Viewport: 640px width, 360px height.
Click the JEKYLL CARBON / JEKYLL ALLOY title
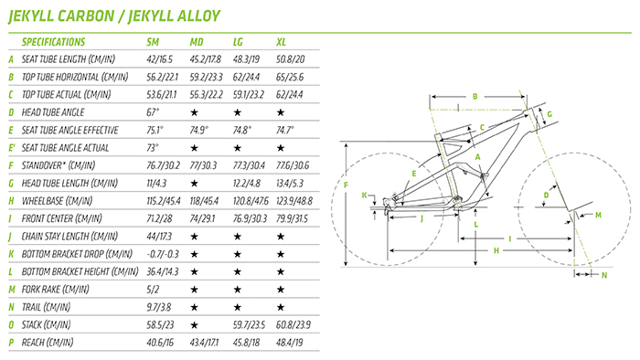114,16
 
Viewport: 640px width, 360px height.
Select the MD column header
197,42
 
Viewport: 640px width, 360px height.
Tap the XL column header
281,42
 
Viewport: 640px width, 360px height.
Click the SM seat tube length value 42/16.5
160,59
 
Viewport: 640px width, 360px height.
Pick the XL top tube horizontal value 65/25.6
290,77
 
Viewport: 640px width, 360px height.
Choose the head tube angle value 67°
153,112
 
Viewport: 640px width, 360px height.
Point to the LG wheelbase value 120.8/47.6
251,201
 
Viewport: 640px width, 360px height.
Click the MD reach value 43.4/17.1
204,342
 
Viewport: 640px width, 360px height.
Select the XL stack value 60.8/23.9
293,325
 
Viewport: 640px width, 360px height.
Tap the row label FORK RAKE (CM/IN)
55,290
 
